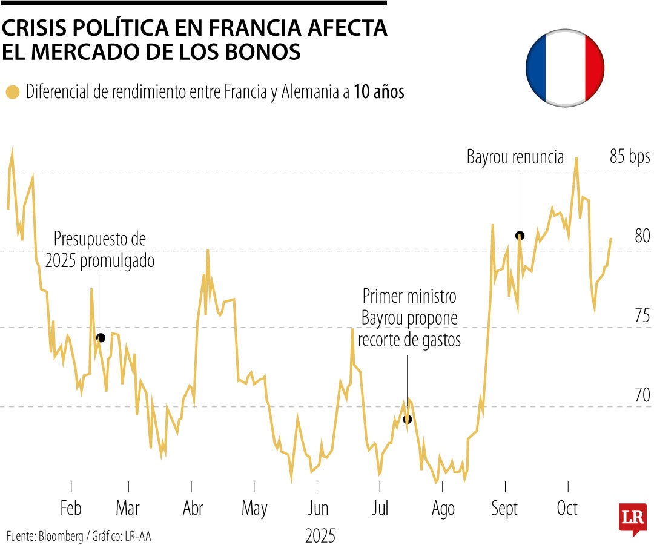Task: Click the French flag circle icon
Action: point(564,67)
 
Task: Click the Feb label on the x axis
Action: point(71,509)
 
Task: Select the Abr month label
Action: point(193,509)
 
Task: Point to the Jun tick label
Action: point(318,509)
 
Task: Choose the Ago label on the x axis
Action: point(443,509)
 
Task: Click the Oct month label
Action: point(567,509)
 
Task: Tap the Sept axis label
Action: point(504,509)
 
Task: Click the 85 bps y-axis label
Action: point(629,157)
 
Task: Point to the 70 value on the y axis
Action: point(642,395)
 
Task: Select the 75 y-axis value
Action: point(642,315)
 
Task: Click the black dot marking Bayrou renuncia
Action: point(520,236)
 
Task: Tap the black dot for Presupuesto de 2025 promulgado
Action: point(101,338)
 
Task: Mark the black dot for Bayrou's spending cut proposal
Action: point(407,419)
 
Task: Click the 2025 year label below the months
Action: point(320,535)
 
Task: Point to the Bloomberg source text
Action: point(61,536)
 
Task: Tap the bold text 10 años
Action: point(379,93)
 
